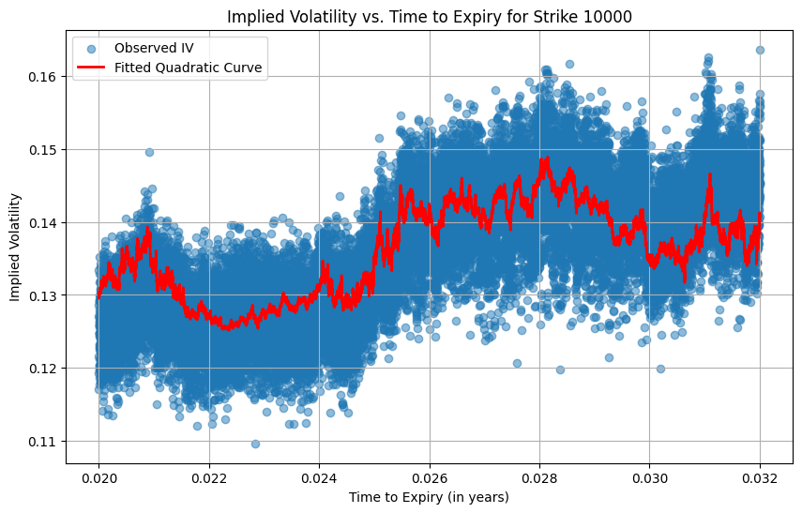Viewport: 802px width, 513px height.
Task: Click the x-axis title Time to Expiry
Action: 429,497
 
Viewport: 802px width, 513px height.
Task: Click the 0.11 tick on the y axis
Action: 43,442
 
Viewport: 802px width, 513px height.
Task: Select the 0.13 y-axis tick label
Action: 43,295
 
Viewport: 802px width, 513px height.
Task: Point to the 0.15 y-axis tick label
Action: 43,149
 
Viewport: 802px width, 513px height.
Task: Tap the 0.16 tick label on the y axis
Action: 43,76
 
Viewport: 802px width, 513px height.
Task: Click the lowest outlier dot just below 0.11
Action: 255,444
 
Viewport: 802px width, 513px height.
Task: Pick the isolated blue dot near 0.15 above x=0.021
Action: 149,152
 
